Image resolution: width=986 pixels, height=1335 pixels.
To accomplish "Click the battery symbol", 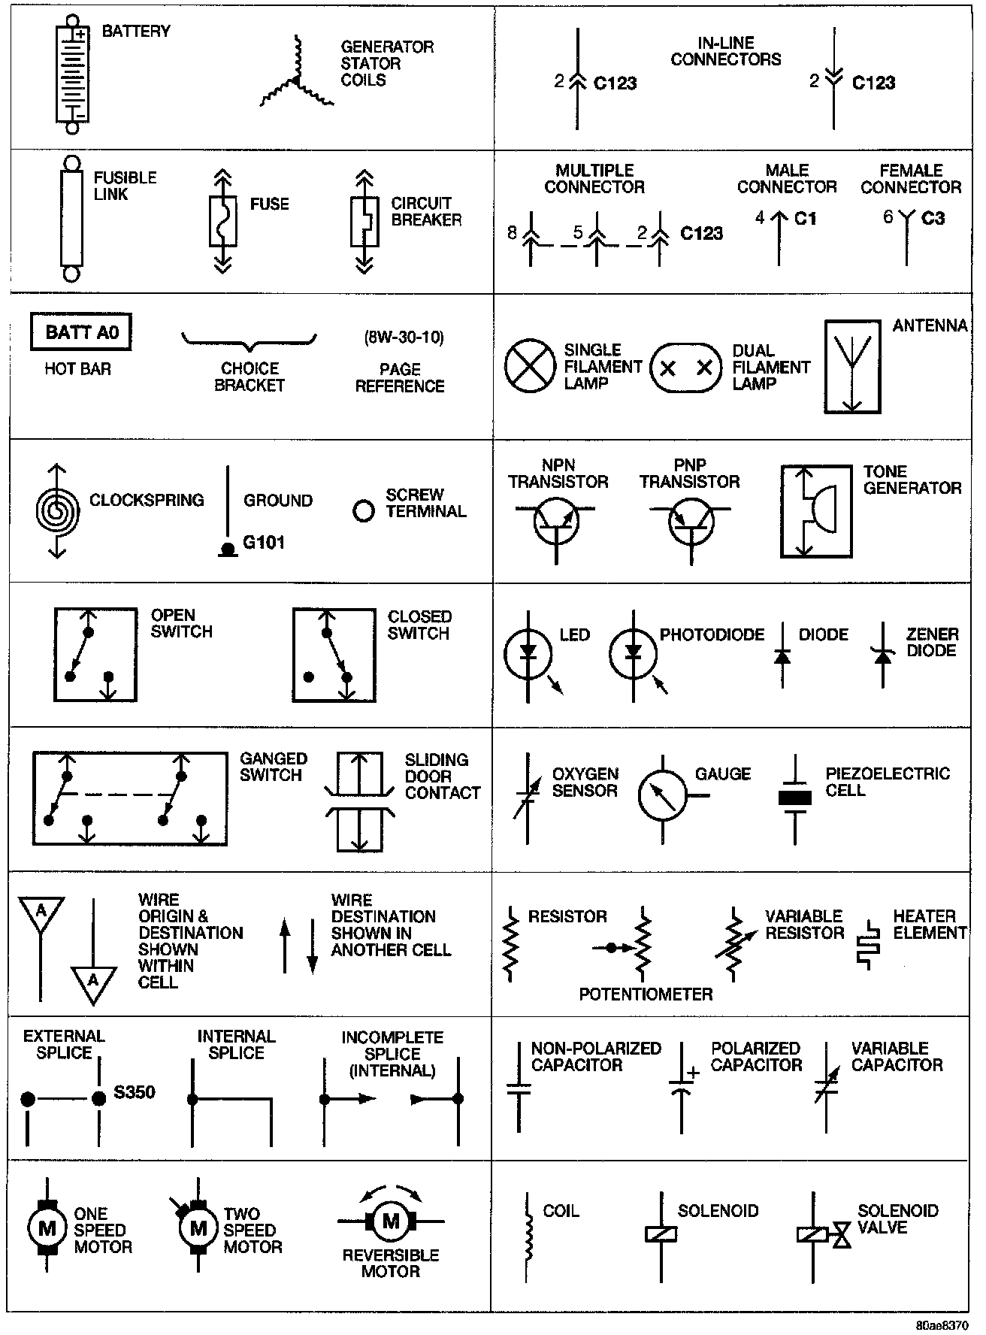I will (72, 75).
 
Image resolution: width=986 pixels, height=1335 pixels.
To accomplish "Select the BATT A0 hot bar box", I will (81, 332).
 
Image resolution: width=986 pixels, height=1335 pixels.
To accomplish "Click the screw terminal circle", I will (364, 511).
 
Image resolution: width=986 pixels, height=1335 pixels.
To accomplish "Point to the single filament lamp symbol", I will (530, 367).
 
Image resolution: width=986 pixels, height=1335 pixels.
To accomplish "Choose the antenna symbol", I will (852, 367).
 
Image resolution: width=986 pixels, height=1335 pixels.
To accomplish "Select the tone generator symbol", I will (816, 511).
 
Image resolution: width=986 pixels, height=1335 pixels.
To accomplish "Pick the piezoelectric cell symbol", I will (795, 798).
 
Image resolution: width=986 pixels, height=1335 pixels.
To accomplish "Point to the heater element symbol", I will (869, 943).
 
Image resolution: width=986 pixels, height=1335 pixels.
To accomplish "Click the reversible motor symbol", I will (390, 1221).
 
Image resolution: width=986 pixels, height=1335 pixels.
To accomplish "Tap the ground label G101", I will (264, 542).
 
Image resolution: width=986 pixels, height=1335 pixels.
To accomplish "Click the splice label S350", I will (135, 1092).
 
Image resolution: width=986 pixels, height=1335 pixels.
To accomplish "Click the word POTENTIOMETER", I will (646, 994).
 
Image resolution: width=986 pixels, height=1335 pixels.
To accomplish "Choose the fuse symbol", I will (222, 222).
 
